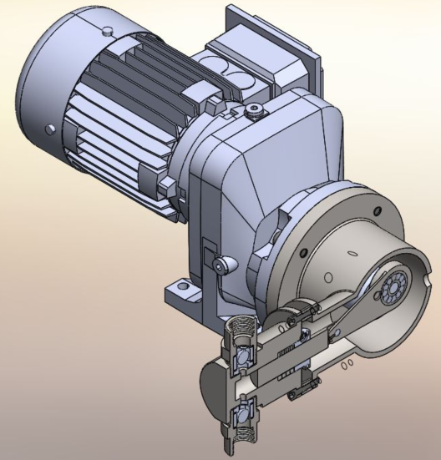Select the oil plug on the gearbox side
point(221,265)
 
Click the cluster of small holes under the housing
point(349,364)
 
